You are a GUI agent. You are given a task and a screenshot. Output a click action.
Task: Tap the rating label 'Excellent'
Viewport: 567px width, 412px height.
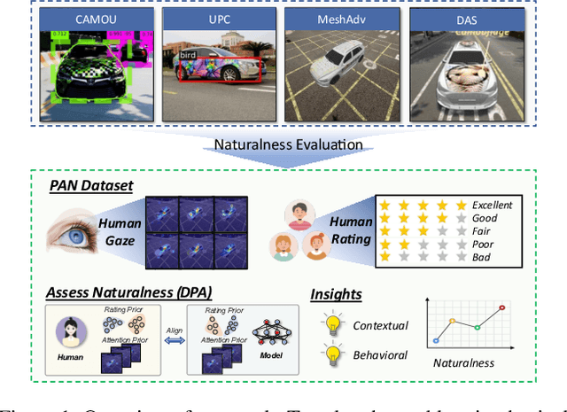click(x=492, y=205)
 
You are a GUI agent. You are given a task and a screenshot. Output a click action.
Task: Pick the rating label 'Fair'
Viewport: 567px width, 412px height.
click(x=483, y=230)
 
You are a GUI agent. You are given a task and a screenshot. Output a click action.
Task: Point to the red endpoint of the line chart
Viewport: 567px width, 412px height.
click(x=502, y=307)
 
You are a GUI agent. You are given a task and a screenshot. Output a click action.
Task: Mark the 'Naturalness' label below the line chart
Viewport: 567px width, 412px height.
click(x=464, y=362)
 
